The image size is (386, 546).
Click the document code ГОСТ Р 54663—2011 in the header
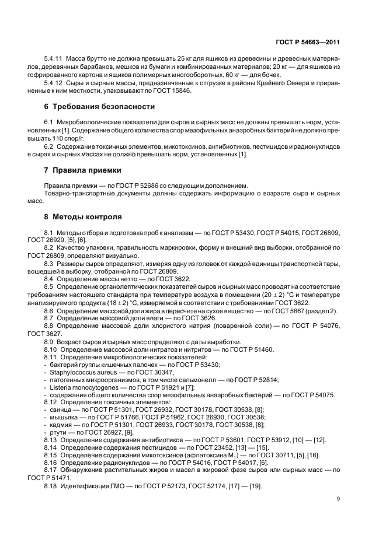(308, 43)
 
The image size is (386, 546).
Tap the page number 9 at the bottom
(338, 498)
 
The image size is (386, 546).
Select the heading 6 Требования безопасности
(100, 107)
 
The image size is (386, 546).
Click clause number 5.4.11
(54, 60)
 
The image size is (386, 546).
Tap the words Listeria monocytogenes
(79, 387)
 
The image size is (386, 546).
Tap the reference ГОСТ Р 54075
(312, 394)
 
